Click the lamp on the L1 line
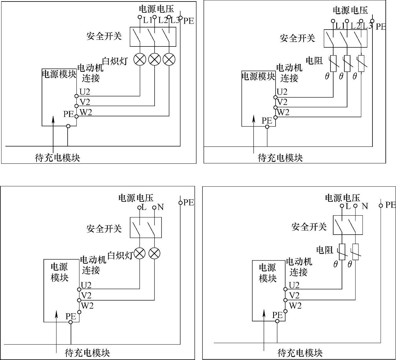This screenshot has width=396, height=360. click(x=140, y=59)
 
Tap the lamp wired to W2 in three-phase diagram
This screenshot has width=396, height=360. click(x=169, y=59)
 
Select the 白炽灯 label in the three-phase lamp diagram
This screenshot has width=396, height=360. click(x=115, y=61)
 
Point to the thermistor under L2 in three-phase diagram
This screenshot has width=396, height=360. click(x=347, y=63)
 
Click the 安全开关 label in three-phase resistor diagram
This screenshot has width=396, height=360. click(x=297, y=38)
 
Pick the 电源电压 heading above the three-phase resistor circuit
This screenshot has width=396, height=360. click(x=350, y=10)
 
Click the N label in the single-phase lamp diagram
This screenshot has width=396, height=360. click(x=161, y=207)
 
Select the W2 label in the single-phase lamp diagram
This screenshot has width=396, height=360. click(x=87, y=306)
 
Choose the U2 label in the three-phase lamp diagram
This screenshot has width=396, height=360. click(x=85, y=91)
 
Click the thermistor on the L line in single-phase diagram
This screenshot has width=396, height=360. click(x=342, y=252)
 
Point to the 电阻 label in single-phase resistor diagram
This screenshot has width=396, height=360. click(x=324, y=250)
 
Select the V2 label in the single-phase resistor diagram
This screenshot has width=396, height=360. click(x=294, y=295)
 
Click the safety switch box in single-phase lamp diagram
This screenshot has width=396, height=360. click(x=146, y=227)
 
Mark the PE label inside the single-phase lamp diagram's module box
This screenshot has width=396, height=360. click(x=71, y=316)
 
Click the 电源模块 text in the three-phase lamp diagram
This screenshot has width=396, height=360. click(x=59, y=74)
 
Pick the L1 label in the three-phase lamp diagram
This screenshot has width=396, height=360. click(x=148, y=20)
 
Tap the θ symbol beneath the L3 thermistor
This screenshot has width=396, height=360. click(x=355, y=76)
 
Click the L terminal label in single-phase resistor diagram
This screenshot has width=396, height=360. click(x=348, y=206)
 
